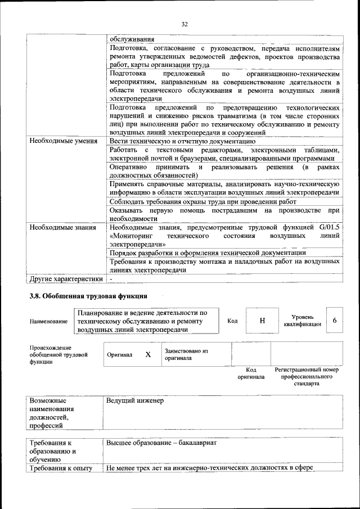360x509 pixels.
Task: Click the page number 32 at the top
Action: click(184, 24)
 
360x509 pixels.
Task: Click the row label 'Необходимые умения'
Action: click(63, 141)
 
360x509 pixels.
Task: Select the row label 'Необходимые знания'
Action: click(62, 227)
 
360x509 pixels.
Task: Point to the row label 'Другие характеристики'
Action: click(66, 278)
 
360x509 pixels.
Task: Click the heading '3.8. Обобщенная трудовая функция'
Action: click(88, 296)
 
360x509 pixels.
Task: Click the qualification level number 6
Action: click(335, 320)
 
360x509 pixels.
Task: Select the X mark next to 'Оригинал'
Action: click(148, 355)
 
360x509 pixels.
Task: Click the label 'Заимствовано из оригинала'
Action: click(186, 354)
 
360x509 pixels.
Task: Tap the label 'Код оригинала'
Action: click(251, 373)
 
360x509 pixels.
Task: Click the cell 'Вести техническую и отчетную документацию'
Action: click(183, 141)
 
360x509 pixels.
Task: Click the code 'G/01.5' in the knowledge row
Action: click(328, 227)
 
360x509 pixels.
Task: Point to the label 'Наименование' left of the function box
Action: click(48, 321)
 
